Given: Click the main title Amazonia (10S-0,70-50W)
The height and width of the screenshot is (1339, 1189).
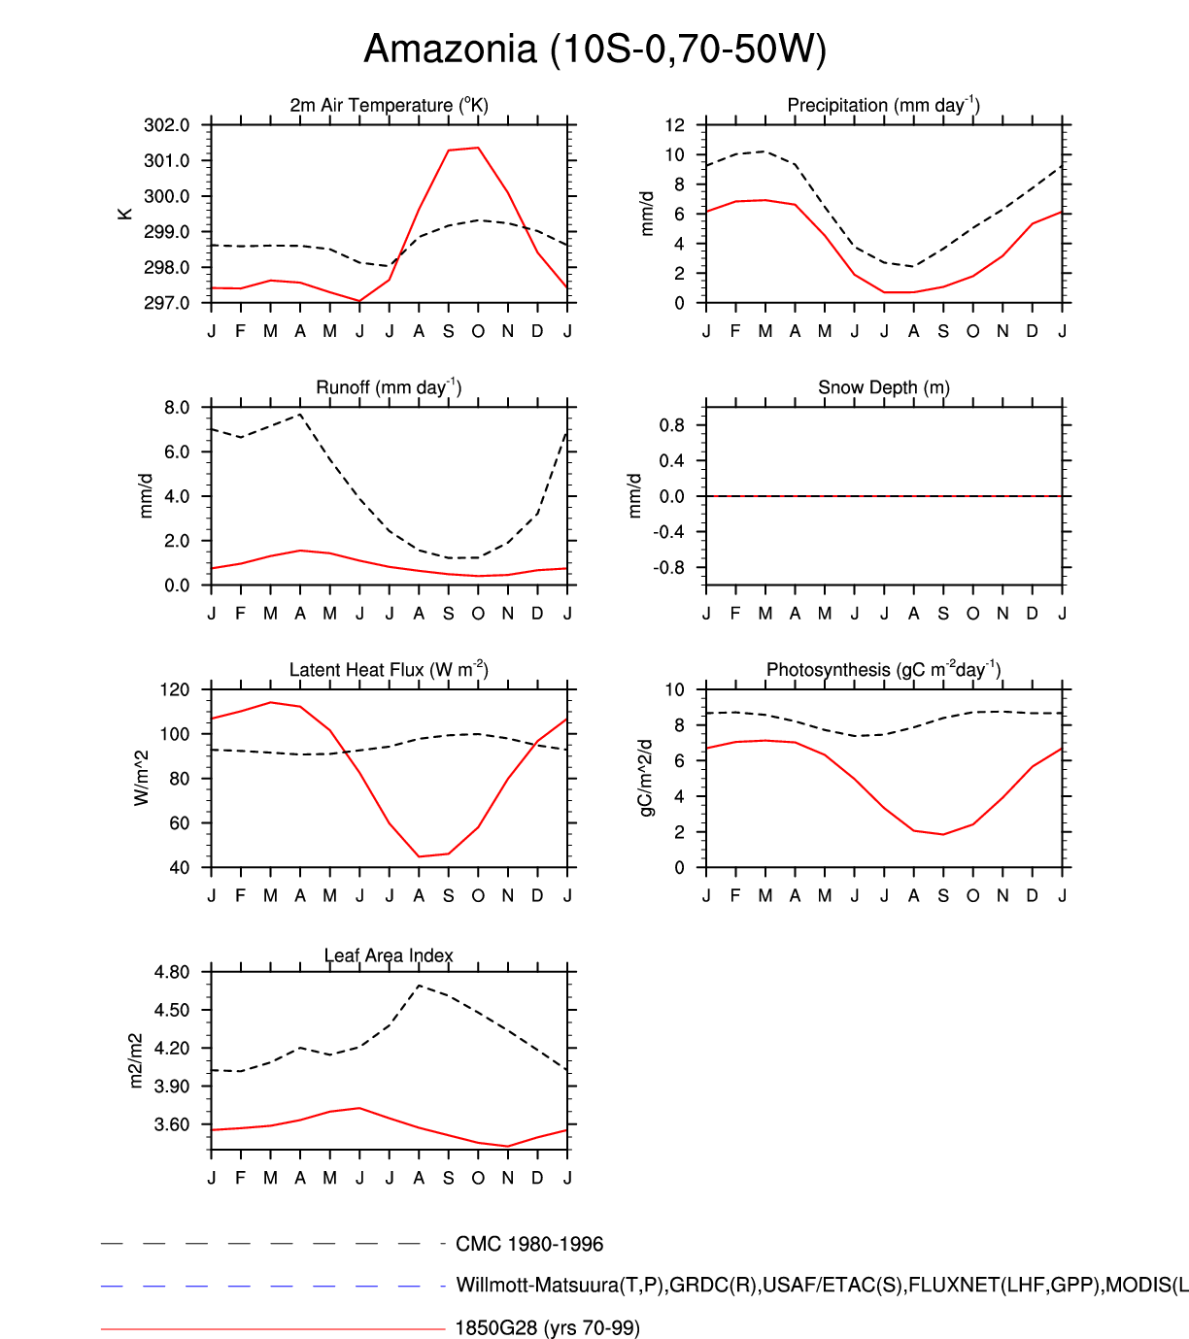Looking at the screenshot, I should (594, 49).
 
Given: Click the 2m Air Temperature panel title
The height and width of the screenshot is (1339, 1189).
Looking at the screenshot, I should (389, 105).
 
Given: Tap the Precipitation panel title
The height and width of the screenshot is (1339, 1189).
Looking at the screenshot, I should (883, 105).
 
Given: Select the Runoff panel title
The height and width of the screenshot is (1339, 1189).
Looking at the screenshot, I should (389, 387).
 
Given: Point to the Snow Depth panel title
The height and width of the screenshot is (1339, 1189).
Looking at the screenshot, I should (883, 387).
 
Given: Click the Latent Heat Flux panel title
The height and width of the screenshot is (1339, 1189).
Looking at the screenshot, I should (389, 670).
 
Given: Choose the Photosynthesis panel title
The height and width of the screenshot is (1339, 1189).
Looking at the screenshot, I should (883, 670).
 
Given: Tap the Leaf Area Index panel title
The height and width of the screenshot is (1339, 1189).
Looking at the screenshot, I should (389, 955).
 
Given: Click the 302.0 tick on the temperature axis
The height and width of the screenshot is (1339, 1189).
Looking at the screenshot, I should (166, 125).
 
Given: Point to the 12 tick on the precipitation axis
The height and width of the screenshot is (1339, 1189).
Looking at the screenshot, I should (674, 125).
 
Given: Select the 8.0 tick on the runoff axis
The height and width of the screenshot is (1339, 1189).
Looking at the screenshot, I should (177, 408).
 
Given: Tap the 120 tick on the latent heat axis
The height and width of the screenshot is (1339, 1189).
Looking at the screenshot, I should (176, 690).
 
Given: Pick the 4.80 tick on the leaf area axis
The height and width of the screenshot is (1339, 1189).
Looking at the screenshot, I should (171, 972).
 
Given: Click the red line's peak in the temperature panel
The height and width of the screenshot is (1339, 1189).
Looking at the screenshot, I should (478, 148).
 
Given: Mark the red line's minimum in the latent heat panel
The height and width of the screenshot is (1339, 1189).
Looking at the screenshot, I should (420, 856).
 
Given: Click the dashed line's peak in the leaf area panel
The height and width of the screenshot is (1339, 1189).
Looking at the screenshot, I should (419, 986).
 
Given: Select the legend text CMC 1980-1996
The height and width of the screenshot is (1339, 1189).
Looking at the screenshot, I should (529, 1244).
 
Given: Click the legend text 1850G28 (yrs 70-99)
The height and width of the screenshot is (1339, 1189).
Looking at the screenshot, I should (547, 1327).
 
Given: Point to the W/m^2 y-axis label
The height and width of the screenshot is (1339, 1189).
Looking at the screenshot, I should (142, 778).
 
